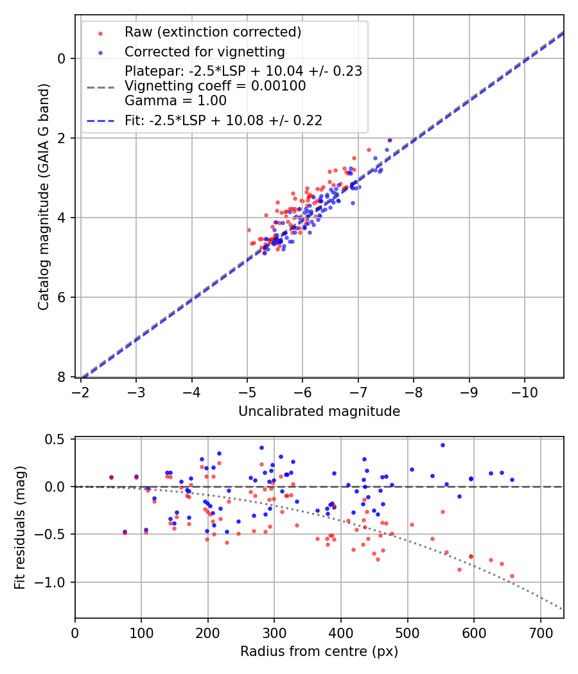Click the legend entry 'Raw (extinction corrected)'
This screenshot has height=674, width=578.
213,32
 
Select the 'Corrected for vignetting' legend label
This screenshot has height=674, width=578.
204,51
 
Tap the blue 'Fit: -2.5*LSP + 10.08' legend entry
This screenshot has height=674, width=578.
223,120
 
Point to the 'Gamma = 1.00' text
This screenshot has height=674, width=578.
175,100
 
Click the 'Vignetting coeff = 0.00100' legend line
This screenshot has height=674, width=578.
215,85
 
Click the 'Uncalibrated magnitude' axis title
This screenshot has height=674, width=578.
319,411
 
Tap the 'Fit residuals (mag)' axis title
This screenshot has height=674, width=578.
21,528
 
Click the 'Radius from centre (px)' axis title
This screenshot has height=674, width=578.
319,652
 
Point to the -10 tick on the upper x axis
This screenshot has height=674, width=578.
524,390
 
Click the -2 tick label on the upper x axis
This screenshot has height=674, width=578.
81,390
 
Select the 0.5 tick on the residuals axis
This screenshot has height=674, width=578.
58,439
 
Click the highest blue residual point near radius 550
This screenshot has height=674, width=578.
442,445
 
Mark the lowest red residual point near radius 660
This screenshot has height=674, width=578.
512,576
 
